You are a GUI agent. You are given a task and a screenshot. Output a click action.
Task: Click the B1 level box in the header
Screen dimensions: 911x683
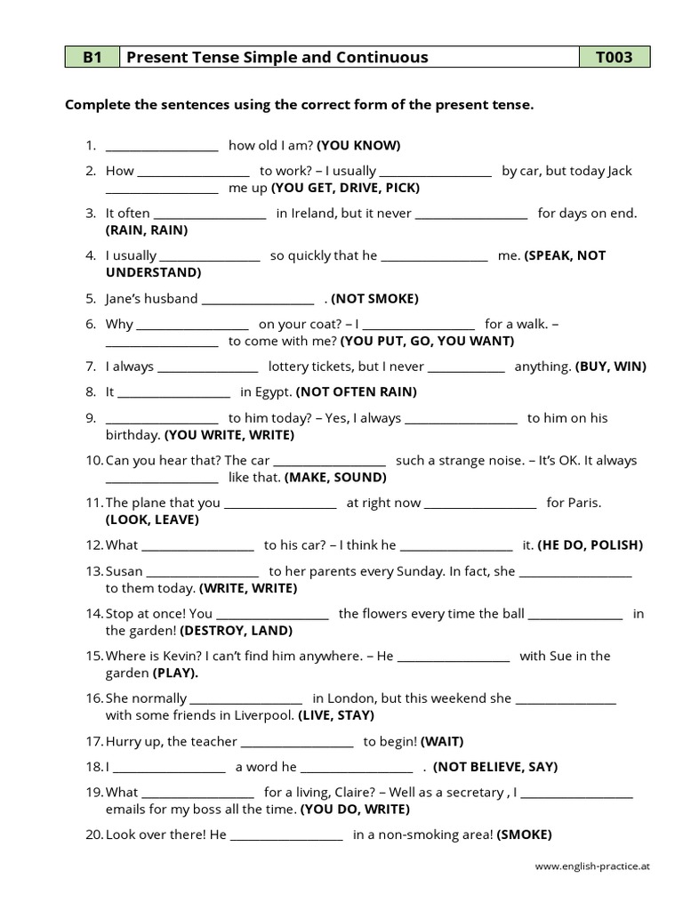92,58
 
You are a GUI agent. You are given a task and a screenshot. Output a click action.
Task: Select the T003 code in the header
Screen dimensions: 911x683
615,58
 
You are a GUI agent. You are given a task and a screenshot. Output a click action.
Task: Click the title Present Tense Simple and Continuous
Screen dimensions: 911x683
277,58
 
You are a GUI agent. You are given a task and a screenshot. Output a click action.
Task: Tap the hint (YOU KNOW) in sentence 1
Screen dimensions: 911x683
358,145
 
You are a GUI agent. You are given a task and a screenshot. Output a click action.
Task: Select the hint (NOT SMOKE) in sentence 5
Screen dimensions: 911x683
375,298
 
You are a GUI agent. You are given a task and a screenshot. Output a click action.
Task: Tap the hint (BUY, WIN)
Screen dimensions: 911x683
611,366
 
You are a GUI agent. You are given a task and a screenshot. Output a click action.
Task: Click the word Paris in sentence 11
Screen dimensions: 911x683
584,503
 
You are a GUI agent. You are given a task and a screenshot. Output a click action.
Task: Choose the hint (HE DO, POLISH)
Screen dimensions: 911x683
590,544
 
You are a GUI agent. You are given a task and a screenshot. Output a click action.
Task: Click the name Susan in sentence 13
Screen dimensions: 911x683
125,571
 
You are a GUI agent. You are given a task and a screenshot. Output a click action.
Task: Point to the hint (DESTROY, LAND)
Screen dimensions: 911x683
236,631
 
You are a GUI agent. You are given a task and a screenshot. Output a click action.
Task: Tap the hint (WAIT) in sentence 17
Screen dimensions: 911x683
442,741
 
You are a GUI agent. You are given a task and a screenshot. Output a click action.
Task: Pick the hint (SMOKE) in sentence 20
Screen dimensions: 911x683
524,834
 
